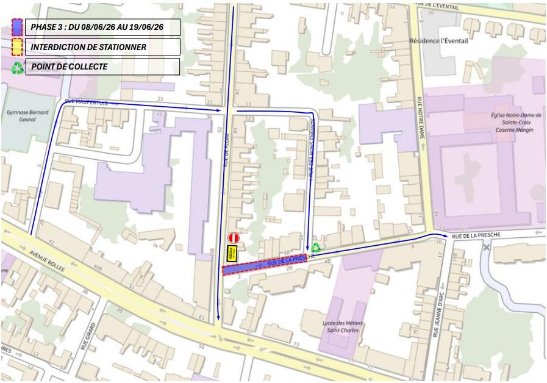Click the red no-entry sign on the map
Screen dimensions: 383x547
pos(232,238)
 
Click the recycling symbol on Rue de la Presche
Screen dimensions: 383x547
pos(316,248)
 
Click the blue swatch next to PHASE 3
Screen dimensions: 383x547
pos(18,27)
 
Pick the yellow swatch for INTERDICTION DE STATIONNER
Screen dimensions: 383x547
pos(18,47)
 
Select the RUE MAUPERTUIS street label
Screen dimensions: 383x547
pos(86,102)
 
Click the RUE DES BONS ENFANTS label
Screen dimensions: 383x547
pos(311,156)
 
